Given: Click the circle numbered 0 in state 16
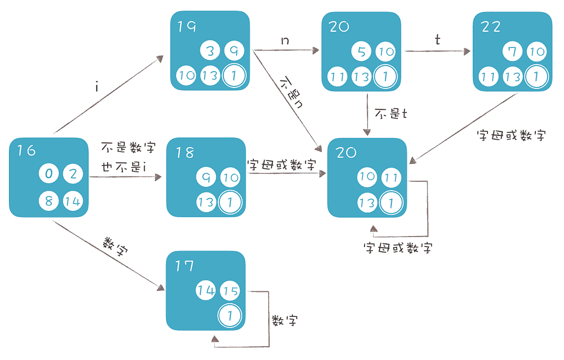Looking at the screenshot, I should [49, 174].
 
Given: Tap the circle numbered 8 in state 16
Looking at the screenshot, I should [49, 201].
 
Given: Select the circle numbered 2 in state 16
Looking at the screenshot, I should [73, 174].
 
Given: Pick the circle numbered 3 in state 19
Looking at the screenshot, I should [210, 50].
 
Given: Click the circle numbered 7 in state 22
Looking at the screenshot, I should [512, 52].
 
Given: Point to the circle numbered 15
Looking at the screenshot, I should [229, 290].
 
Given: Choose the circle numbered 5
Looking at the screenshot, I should [361, 52].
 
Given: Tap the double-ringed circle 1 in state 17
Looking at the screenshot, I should [229, 315].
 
